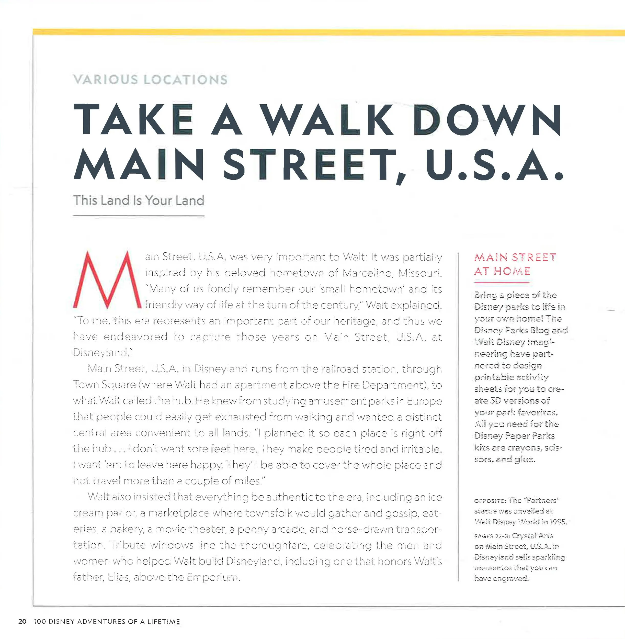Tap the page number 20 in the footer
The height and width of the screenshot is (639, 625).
click(x=22, y=621)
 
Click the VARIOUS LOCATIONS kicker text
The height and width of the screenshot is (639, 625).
click(x=150, y=80)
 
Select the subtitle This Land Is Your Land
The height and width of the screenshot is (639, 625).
click(x=139, y=200)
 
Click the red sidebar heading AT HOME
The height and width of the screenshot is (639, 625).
click(x=502, y=271)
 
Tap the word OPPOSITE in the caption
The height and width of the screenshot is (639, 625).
click(x=490, y=501)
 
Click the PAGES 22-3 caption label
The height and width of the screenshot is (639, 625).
click(x=491, y=536)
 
